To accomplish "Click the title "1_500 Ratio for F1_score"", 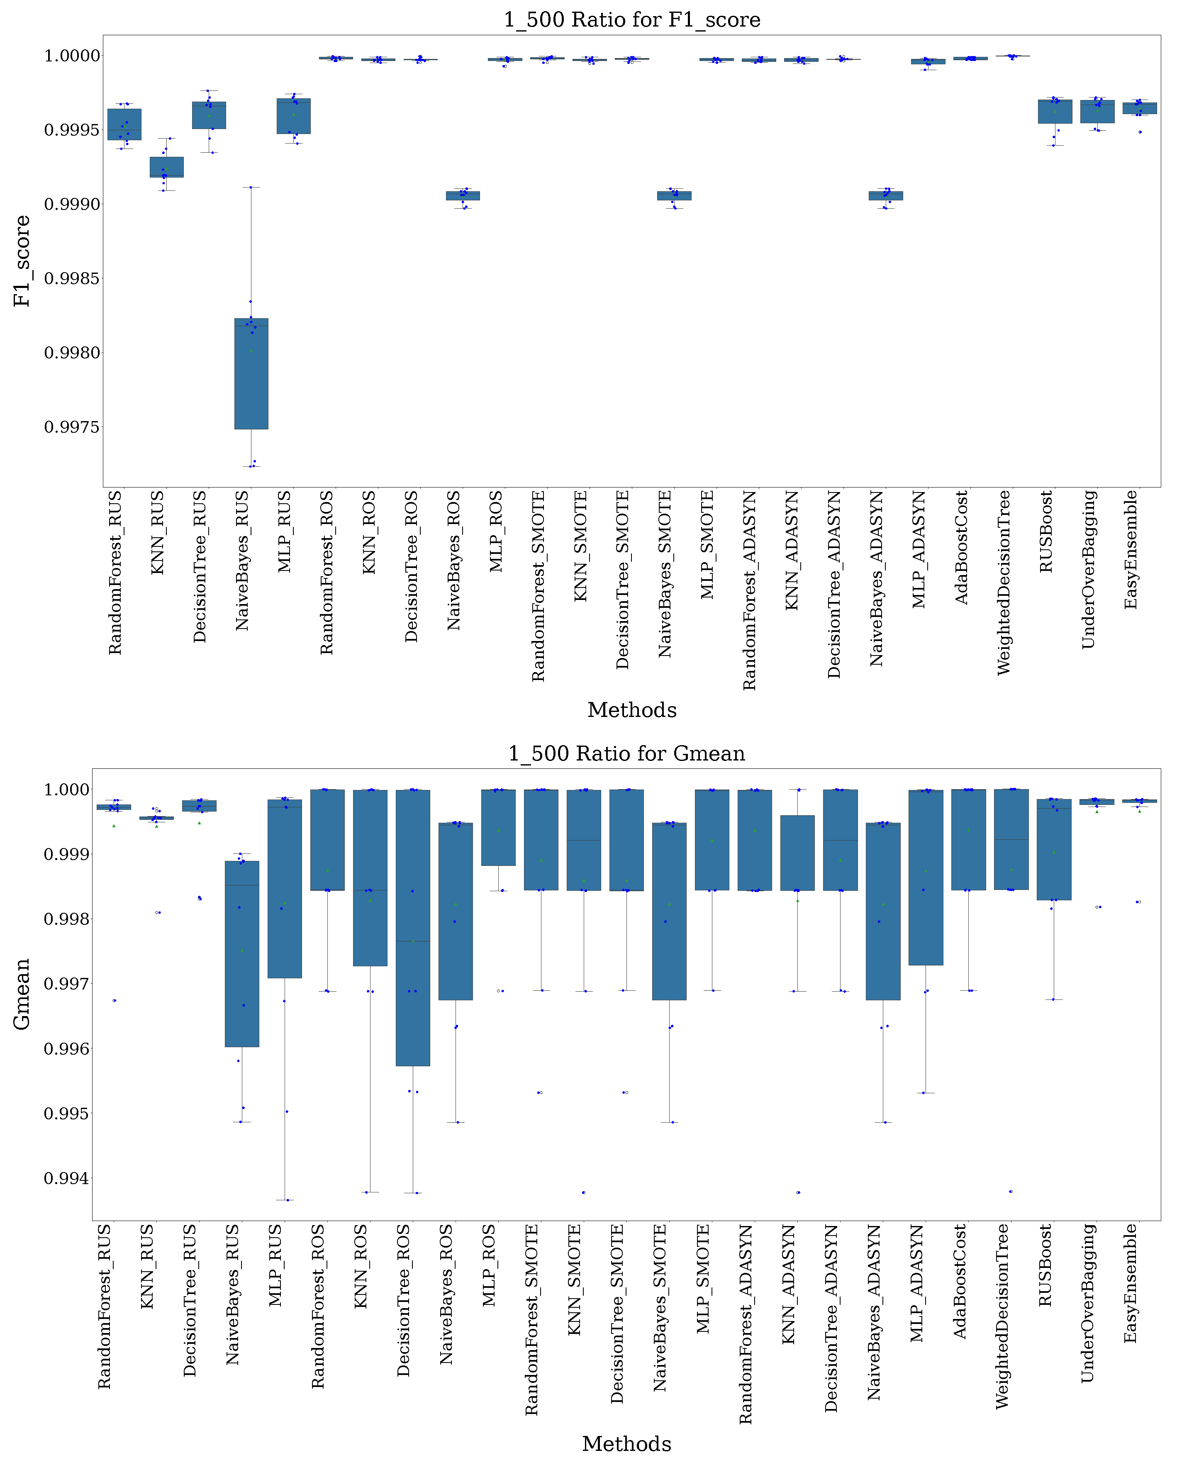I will coord(631,20).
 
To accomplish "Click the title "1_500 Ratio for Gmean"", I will coord(626,753).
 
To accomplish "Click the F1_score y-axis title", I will coord(22,261).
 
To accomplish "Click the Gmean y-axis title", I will coord(22,994).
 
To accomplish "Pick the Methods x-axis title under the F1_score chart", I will coord(631,710).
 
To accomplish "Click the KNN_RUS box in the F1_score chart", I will coord(166,167).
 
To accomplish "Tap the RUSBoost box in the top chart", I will coord(1055,112).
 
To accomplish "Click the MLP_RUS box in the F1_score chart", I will coord(294,116).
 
